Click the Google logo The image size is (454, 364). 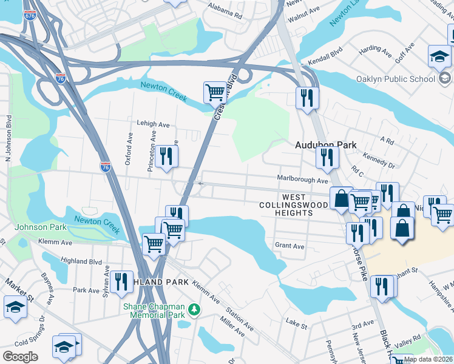(19, 357)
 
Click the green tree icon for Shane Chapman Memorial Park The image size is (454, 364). (194, 310)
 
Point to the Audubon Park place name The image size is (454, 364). (325, 146)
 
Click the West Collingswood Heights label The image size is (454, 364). (302, 205)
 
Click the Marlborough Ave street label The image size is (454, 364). (302, 180)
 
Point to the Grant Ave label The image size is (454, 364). (290, 246)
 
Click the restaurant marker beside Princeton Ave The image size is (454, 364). (166, 156)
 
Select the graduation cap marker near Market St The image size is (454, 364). (15, 306)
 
